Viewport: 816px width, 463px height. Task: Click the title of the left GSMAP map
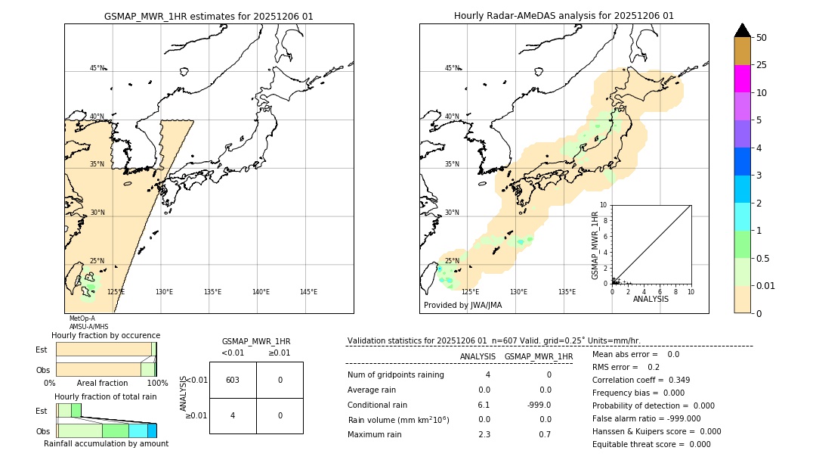click(209, 16)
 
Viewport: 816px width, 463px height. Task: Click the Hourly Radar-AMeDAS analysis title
click(564, 16)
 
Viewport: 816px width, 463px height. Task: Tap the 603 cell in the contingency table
click(233, 380)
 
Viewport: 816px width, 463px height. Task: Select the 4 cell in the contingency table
click(233, 415)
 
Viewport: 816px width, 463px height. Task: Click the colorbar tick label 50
click(762, 38)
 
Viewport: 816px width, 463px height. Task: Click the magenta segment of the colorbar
click(743, 79)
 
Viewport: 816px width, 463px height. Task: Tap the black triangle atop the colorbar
click(743, 30)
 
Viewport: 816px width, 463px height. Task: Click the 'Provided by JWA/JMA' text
click(462, 306)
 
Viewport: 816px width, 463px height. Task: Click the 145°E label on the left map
click(308, 292)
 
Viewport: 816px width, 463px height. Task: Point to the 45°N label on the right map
click(452, 68)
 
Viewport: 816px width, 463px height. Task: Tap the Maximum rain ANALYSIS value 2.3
click(484, 434)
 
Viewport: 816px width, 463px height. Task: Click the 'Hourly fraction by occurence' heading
click(106, 335)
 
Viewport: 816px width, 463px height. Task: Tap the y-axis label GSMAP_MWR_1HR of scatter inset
click(595, 247)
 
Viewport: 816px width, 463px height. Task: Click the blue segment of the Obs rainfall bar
click(152, 430)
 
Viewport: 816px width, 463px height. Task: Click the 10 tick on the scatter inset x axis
click(690, 291)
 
